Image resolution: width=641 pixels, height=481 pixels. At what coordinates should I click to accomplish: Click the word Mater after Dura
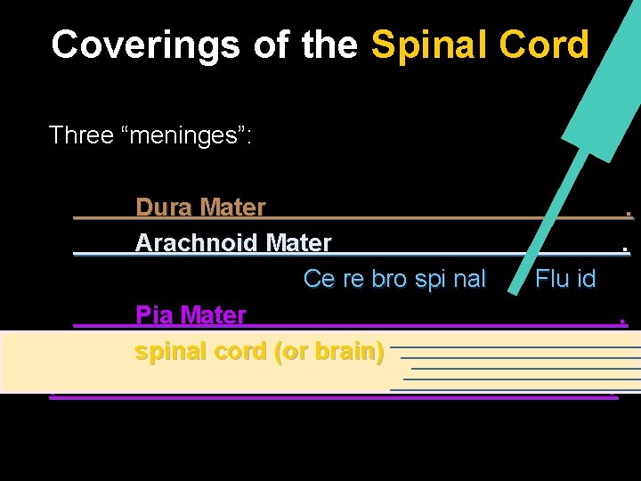click(233, 208)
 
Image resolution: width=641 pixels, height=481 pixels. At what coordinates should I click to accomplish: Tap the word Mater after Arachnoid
click(298, 242)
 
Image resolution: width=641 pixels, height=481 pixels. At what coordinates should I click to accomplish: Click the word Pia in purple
click(155, 314)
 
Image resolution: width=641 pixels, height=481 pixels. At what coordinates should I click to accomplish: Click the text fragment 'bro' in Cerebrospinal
click(388, 279)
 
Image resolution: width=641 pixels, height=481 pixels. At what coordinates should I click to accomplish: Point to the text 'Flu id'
click(565, 279)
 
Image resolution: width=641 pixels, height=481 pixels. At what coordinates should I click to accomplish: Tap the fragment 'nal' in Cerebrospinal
click(469, 279)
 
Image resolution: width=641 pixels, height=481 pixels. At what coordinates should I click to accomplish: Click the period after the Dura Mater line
click(629, 213)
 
